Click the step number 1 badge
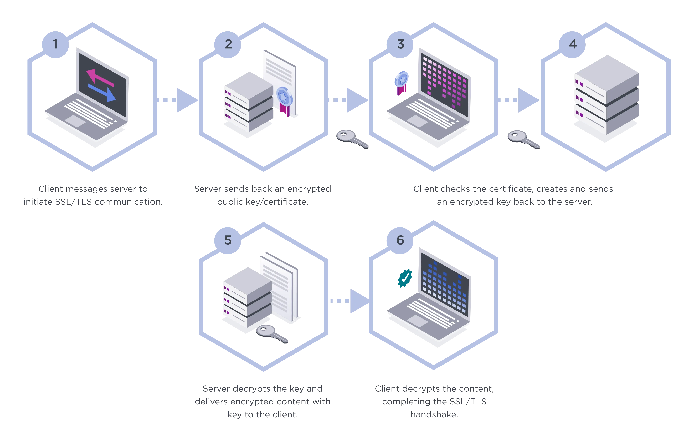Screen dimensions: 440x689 coord(55,44)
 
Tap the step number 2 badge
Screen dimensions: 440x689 coord(228,44)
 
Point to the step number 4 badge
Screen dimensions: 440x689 coord(573,44)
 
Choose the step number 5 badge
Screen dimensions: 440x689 coord(228,240)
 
